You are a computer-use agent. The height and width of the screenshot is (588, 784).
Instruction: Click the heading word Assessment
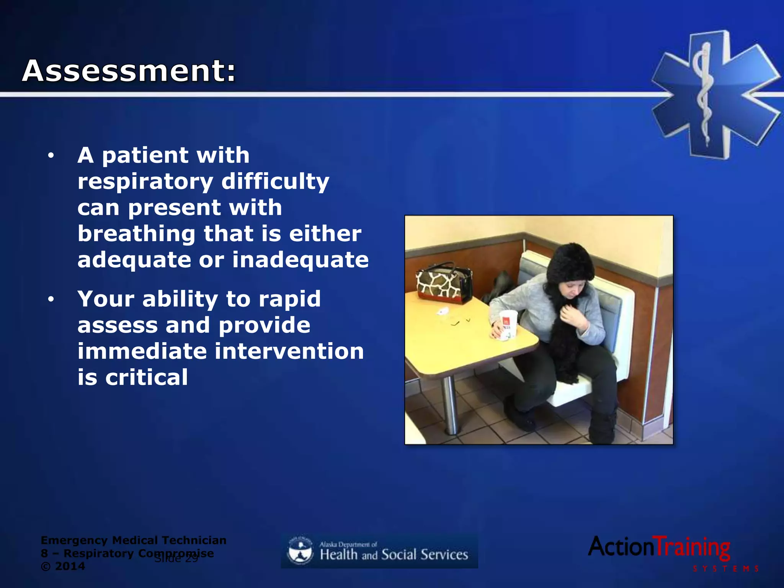128,71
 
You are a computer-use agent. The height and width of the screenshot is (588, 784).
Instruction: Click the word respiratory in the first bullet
145,182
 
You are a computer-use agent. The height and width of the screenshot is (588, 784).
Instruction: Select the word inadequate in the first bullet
301,260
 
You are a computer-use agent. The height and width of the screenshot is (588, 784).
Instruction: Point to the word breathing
136,234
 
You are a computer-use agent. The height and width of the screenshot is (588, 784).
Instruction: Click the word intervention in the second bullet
289,351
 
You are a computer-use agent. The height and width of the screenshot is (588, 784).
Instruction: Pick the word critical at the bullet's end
146,377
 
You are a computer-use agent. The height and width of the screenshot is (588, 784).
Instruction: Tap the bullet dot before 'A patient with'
51,156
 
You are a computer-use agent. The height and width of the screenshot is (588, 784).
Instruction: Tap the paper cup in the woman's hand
508,325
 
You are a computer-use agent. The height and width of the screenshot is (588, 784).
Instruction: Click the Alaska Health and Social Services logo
379,551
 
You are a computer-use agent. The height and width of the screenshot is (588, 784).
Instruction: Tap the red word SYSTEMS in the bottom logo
725,569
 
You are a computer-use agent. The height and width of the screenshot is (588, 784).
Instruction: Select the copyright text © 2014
63,566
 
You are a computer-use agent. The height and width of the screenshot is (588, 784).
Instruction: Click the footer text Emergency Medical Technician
133,540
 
